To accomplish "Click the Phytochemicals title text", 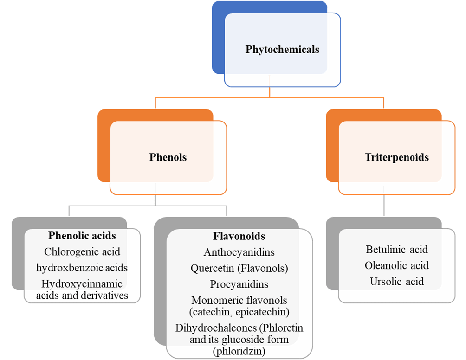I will tap(282, 49).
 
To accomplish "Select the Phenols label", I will tap(168, 157).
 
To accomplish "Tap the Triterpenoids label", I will tap(396, 157).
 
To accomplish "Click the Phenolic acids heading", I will tap(82, 236).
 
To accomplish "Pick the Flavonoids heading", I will tap(239, 236).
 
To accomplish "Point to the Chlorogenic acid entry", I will tap(82, 251).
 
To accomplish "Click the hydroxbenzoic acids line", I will tap(82, 268).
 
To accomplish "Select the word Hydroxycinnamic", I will tap(82, 283).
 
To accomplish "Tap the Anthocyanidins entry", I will tap(239, 252).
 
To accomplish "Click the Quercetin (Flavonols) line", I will tap(239, 268).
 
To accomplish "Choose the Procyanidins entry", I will tap(239, 284).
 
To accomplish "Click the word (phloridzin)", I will tap(239, 351).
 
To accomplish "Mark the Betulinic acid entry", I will tap(397, 250).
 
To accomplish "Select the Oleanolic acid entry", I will tap(397, 265).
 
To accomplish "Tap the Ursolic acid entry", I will tap(397, 281).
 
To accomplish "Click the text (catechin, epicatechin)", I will tap(239, 311).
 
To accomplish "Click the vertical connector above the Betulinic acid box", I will tap(384, 206).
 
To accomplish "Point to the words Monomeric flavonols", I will tap(239, 300).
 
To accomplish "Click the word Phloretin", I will tap(284, 328).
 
